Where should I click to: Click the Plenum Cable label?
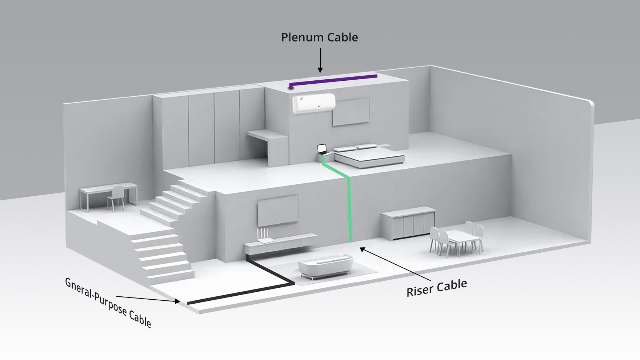[x=319, y=37]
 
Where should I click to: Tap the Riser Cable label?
[x=436, y=287]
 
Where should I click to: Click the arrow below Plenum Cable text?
[x=320, y=60]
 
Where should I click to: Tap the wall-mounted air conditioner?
[x=314, y=103]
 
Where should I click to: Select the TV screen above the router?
[x=278, y=210]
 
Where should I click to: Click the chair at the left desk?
[x=116, y=198]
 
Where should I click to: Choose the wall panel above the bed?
[x=351, y=112]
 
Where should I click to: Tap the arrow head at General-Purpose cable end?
[x=177, y=301]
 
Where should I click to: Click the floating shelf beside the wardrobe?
[x=267, y=135]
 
